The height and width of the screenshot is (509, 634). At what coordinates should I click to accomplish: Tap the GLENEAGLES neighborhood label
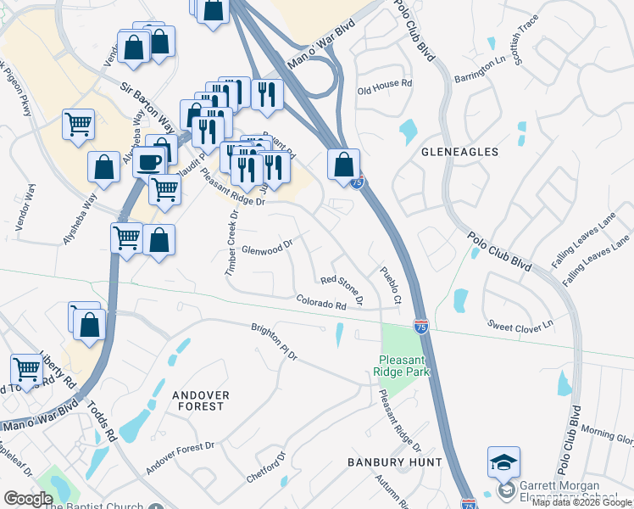coord(459,152)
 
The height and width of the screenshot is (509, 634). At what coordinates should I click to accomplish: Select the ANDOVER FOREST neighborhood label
coord(198,400)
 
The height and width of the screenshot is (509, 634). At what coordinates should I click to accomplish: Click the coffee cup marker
coord(149,160)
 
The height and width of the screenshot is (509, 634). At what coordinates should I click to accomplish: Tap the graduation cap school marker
coord(503,463)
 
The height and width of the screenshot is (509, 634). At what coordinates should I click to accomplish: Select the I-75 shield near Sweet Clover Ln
coord(421,326)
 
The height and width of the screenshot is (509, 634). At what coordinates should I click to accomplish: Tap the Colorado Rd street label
coord(322,302)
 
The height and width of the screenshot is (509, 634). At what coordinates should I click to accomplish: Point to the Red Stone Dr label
coord(342,289)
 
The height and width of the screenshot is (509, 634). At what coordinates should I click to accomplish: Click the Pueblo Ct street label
coord(390,286)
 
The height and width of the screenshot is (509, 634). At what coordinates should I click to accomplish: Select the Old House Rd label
coord(385,86)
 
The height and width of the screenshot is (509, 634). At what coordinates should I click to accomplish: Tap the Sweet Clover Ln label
coord(520,324)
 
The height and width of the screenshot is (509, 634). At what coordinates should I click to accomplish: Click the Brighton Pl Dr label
coord(275,342)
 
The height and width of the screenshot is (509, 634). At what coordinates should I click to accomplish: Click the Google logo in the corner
coord(29,499)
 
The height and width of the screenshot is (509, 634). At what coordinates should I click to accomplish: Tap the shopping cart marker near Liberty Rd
coord(27,370)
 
